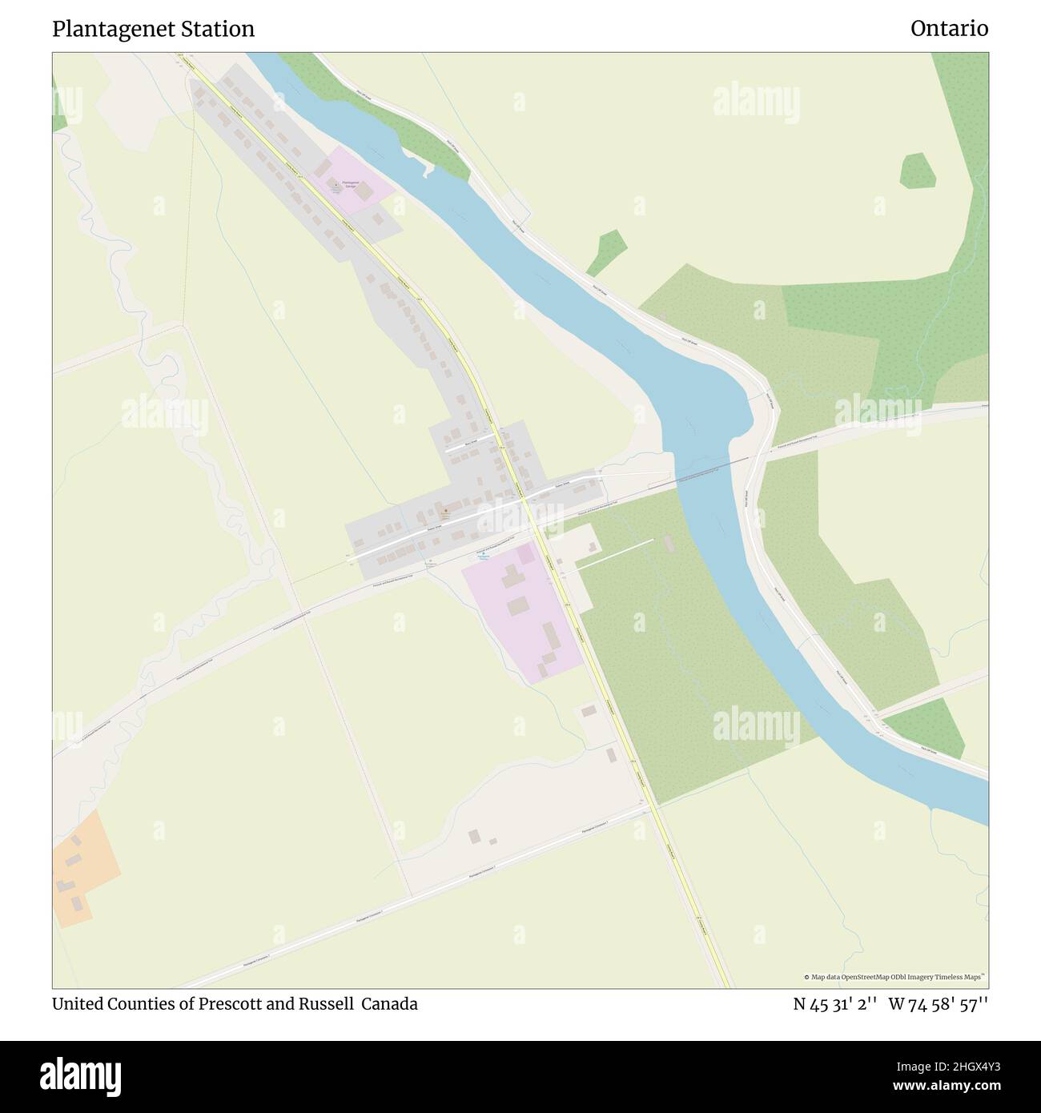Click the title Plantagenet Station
(153, 30)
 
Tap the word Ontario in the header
(949, 30)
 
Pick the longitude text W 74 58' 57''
(939, 1004)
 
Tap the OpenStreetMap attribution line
(894, 977)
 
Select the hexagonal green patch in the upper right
(918, 171)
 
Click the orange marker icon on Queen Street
(446, 511)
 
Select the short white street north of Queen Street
(461, 445)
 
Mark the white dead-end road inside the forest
(614, 554)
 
